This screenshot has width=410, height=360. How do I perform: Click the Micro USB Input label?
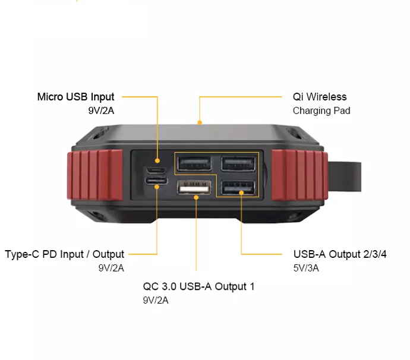tap(75, 97)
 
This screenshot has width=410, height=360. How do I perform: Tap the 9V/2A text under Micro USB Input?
tap(100, 110)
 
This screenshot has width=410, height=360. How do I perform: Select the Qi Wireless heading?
tap(320, 97)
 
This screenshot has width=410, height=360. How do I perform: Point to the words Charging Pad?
tap(321, 110)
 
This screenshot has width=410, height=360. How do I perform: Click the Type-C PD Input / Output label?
tap(65, 254)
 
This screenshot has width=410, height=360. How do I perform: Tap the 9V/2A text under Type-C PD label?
tap(111, 268)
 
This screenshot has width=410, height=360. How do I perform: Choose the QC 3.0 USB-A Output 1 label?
tap(198, 286)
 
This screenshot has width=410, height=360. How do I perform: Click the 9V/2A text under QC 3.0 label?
tap(156, 300)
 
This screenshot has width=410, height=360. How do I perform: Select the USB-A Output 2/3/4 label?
tap(340, 254)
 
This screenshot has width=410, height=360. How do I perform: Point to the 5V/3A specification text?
tap(306, 268)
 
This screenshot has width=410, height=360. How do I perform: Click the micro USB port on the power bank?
tap(157, 161)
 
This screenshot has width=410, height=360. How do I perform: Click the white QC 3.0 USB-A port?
tap(194, 188)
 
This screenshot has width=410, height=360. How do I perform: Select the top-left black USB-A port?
tap(194, 162)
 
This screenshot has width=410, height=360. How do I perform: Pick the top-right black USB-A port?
tap(238, 162)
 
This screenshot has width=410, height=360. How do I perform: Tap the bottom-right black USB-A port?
tap(238, 188)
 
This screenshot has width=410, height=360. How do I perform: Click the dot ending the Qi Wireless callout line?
tap(200, 124)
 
